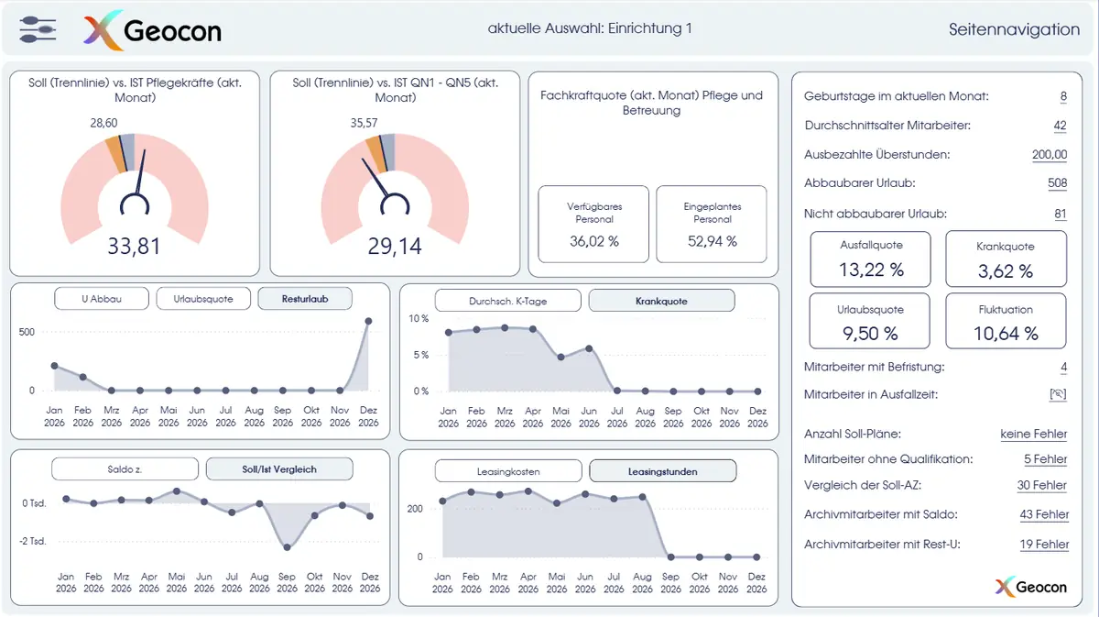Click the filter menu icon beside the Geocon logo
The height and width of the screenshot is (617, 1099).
pyautogui.click(x=38, y=29)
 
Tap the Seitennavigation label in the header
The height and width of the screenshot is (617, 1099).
pyautogui.click(x=1014, y=29)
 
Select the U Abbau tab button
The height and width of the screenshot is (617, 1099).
pyautogui.click(x=102, y=299)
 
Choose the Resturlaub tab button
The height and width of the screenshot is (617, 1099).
pyautogui.click(x=305, y=299)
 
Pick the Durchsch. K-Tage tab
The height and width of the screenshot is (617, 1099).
pyautogui.click(x=507, y=301)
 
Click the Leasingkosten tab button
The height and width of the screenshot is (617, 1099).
pyautogui.click(x=508, y=471)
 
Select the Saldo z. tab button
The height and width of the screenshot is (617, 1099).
pyautogui.click(x=125, y=469)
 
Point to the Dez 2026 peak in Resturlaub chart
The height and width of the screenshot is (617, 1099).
pyautogui.click(x=368, y=321)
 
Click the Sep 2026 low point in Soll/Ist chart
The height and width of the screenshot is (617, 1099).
pyautogui.click(x=287, y=547)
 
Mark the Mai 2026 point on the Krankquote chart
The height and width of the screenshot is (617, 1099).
pyautogui.click(x=560, y=358)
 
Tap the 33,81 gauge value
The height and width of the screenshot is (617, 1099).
pyautogui.click(x=134, y=246)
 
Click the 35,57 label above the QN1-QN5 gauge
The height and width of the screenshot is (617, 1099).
pyautogui.click(x=365, y=123)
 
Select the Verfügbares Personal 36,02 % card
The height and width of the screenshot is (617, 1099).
pyautogui.click(x=593, y=224)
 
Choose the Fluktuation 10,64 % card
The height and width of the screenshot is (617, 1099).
pyautogui.click(x=1006, y=321)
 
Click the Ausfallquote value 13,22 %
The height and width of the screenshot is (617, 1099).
pyautogui.click(x=871, y=270)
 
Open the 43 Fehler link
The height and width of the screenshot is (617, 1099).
pyautogui.click(x=1044, y=514)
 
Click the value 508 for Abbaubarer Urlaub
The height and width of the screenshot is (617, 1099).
pyautogui.click(x=1057, y=183)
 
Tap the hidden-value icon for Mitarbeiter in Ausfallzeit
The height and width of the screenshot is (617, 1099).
pyautogui.click(x=1058, y=394)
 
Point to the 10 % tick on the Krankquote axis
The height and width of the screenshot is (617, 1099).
pyautogui.click(x=419, y=318)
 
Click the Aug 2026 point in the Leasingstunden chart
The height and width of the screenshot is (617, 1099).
pyautogui.click(x=642, y=497)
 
